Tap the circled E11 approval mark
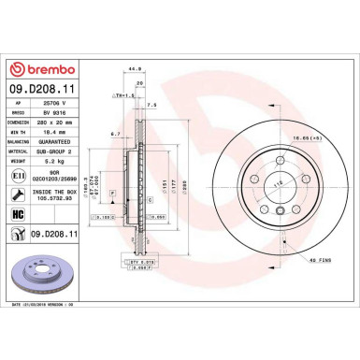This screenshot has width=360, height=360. coord(18,174)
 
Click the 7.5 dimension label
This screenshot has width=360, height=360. coord(151,106)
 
